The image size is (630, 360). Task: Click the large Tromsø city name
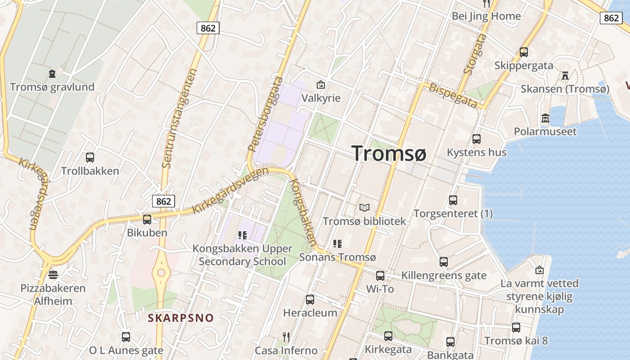coord(388,153)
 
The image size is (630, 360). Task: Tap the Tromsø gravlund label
coord(52,87)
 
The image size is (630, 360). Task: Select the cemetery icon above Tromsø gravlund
coord(52,73)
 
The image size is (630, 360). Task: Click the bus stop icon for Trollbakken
coord(90,157)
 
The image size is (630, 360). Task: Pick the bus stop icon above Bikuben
coord(147,220)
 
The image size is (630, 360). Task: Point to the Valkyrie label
coord(321,98)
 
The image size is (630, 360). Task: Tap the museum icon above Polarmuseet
coord(545,118)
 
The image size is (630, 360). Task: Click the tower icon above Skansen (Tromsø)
coord(565,75)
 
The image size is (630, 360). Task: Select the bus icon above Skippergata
coord(524,52)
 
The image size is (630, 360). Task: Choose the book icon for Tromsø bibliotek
coord(364,208)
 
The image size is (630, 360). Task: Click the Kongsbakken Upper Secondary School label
coord(243,255)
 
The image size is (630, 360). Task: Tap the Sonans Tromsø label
coord(337,257)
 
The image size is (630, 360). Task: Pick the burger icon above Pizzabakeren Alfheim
coord(53,274)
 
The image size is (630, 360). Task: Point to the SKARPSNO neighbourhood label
coord(181,318)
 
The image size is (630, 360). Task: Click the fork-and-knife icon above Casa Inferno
coord(286,337)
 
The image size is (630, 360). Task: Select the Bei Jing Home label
coord(486,16)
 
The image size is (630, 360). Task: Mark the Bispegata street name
coord(452,95)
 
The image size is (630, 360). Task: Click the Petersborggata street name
coord(265,114)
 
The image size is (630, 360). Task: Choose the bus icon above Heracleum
coord(310,299)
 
